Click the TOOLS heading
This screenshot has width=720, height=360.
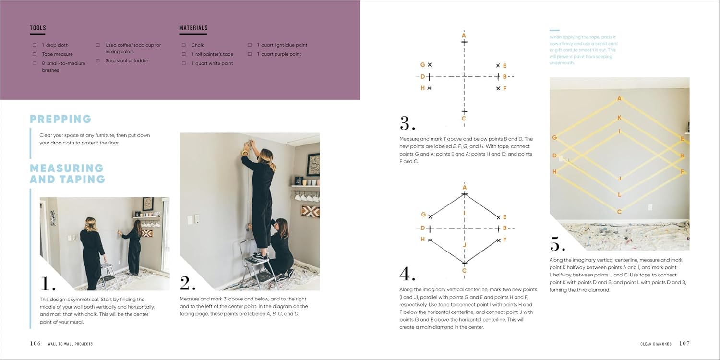point(38,28)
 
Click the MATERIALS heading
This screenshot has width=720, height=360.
point(193,28)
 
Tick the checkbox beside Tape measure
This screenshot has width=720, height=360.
point(35,54)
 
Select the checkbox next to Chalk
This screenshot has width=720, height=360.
point(183,45)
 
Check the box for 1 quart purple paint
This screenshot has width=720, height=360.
point(250,54)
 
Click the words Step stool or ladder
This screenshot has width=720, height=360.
point(127,61)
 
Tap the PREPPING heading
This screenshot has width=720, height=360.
point(60,119)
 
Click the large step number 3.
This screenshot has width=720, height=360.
point(407,123)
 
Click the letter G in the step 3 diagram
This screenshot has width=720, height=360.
point(422,65)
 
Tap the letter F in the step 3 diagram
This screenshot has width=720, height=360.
point(504,88)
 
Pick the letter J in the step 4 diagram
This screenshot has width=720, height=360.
point(464,245)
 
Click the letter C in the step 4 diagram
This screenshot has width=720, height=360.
point(464,270)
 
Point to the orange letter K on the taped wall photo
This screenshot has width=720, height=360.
point(619,118)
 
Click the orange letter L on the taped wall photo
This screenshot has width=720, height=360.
point(619,194)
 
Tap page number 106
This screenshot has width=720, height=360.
point(36,344)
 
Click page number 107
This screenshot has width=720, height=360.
point(684,344)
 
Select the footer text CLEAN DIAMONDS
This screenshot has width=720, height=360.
point(656,344)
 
